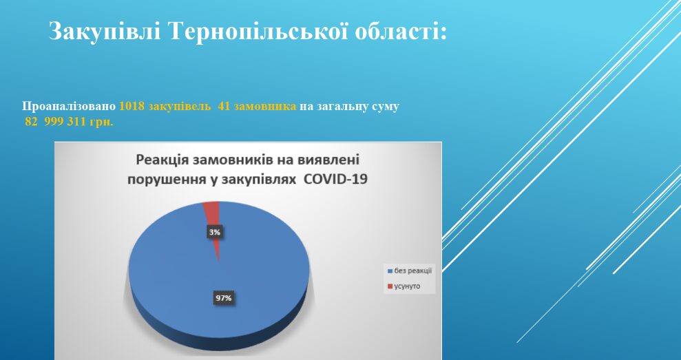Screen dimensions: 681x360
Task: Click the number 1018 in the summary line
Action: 132,107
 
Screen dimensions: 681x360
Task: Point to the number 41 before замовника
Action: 224,107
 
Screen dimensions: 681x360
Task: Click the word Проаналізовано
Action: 69,107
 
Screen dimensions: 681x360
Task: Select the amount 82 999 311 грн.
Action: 69,122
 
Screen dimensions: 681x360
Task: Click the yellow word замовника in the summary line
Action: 265,107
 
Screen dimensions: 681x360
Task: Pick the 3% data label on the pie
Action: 213,233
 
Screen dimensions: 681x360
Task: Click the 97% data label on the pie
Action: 224,298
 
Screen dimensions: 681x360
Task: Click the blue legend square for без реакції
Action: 390,271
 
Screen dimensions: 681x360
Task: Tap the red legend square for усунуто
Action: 390,286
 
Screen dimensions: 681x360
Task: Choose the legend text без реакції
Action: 412,271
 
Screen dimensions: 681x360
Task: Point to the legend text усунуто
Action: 407,286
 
